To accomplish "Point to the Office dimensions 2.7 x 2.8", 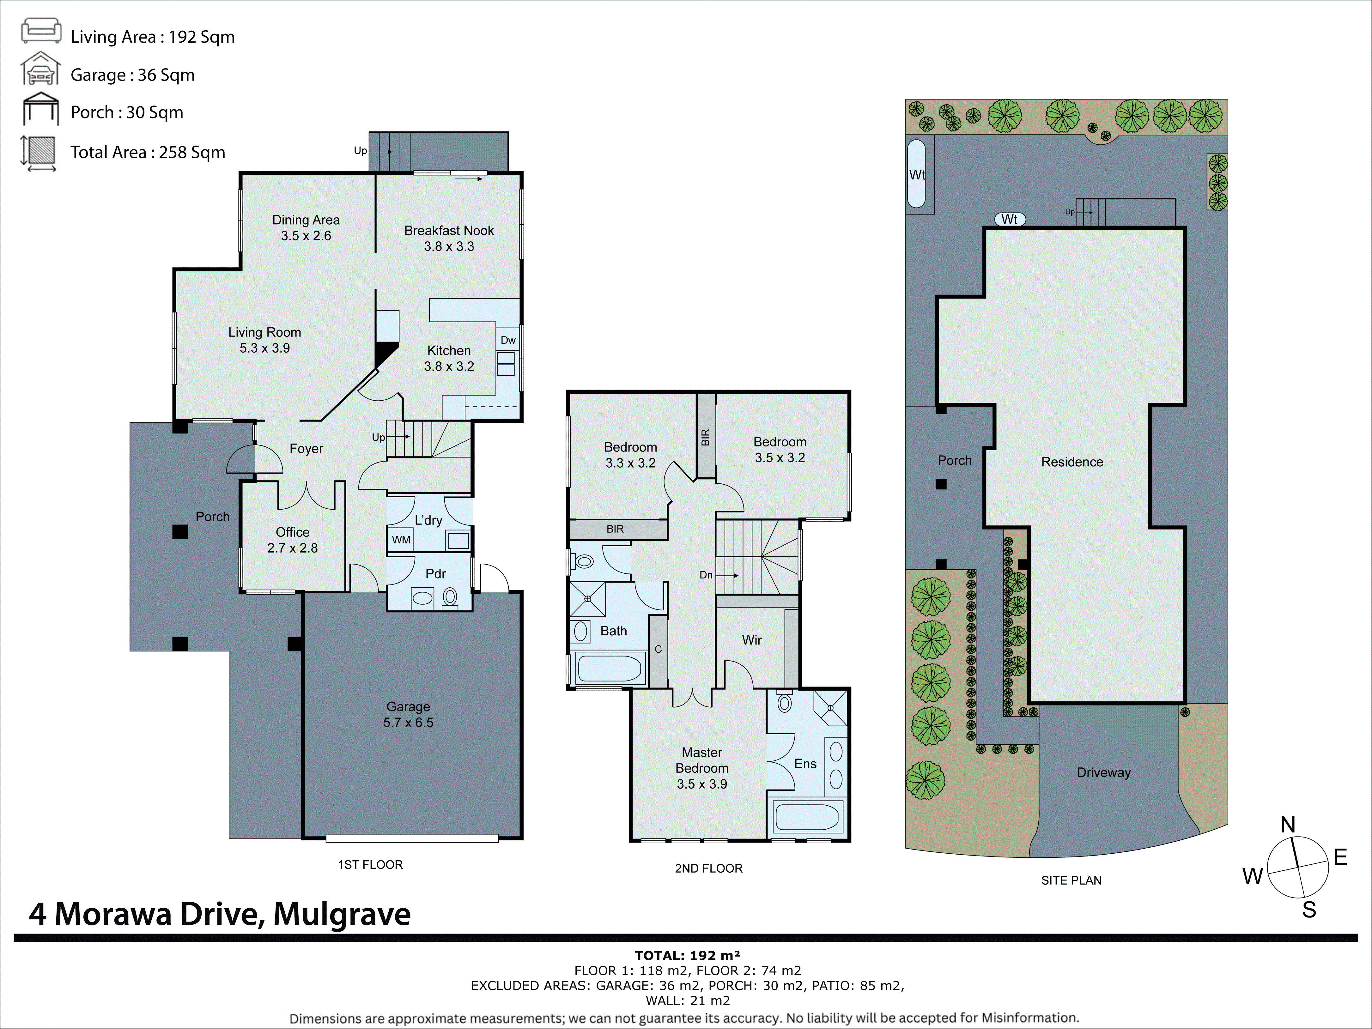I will click(x=292, y=548).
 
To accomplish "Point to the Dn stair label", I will click(x=706, y=575).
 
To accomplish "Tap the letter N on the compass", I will click(x=1288, y=825).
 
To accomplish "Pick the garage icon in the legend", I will click(x=41, y=69).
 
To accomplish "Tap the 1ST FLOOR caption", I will click(x=370, y=865).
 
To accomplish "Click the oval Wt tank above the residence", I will click(x=1009, y=219).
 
